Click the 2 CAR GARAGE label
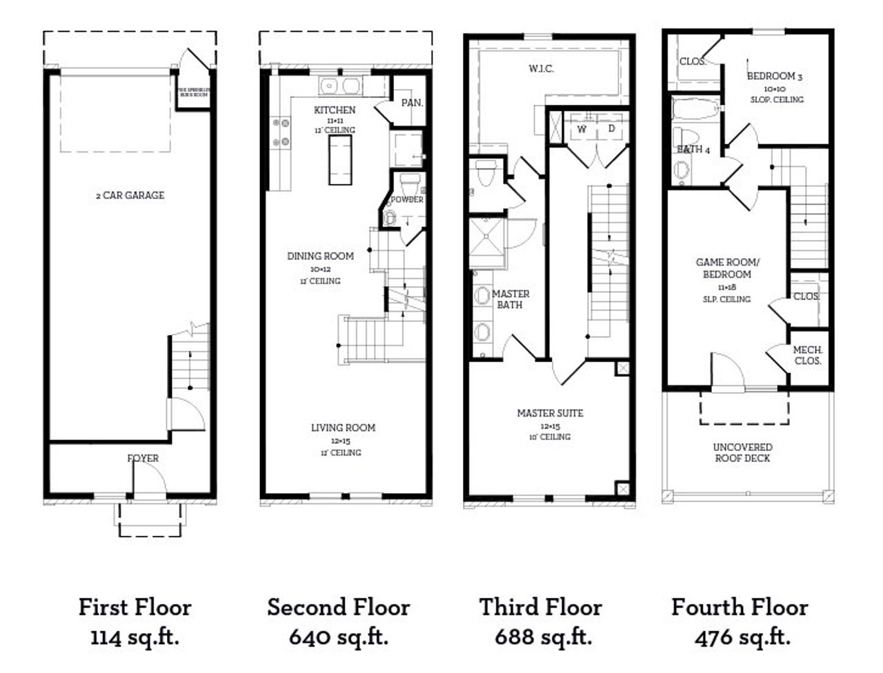click(x=130, y=195)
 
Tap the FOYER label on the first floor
click(x=143, y=458)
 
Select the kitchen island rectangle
click(x=339, y=159)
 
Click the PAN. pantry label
click(x=412, y=103)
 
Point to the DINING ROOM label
click(x=320, y=256)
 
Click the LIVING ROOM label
click(x=343, y=428)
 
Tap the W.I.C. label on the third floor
click(x=541, y=68)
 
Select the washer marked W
click(x=582, y=129)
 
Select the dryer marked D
click(x=611, y=129)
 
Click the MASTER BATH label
click(x=511, y=299)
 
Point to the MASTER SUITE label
click(x=550, y=413)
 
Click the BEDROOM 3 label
click(x=775, y=77)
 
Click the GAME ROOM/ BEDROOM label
click(x=723, y=268)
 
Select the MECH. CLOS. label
click(x=807, y=355)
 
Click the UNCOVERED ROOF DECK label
click(x=742, y=452)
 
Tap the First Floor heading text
click(x=135, y=607)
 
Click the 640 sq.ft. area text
click(x=338, y=636)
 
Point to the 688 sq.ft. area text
click(x=543, y=636)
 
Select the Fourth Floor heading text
click(x=740, y=607)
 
